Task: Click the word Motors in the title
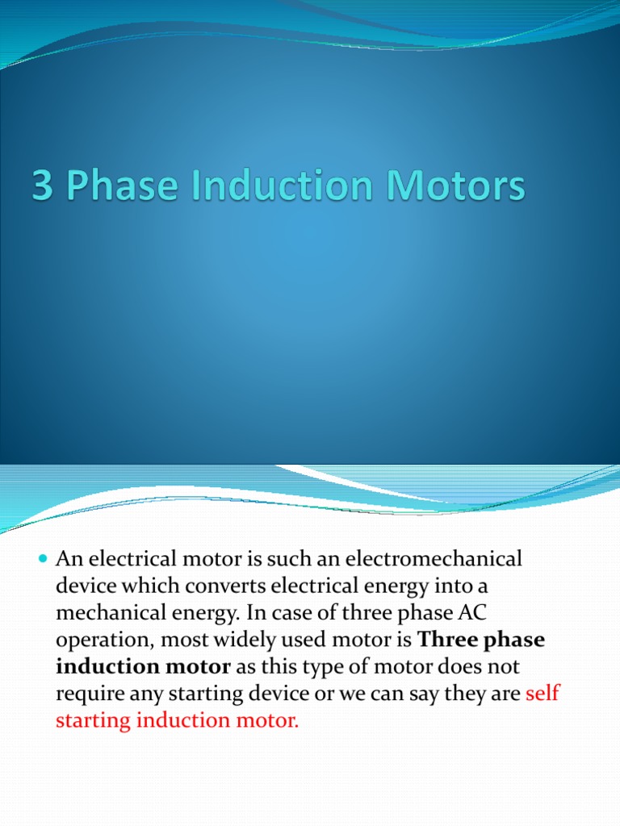click(x=458, y=187)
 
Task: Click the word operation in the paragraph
click(x=101, y=641)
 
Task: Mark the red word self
click(x=542, y=694)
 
